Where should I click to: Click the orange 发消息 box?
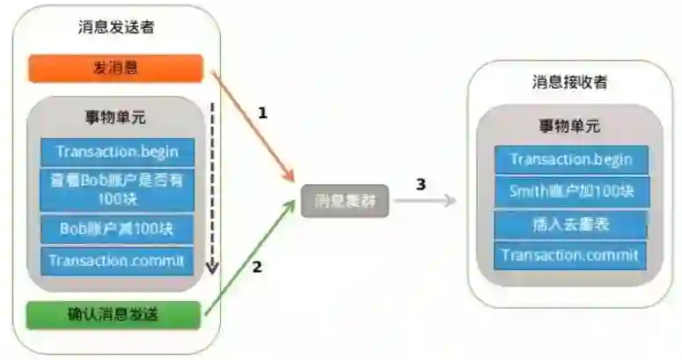tap(115, 69)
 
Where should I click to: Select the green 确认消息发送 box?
tap(115, 314)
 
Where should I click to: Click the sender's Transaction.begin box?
tap(117, 151)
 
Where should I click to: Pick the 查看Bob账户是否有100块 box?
tap(117, 189)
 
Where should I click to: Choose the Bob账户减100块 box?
tap(117, 228)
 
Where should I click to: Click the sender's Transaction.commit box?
tap(117, 261)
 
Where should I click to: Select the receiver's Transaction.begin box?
tap(571, 159)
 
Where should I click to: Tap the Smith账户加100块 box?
tap(571, 192)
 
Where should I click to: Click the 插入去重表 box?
tap(571, 224)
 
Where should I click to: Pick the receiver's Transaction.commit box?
tap(571, 255)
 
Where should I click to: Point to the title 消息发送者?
tap(116, 26)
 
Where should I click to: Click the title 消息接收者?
tap(570, 83)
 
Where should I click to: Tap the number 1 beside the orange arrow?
tap(261, 113)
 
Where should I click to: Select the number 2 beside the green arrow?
tap(257, 267)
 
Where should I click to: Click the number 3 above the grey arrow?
tap(421, 184)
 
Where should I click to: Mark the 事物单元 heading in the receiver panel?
tap(569, 126)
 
